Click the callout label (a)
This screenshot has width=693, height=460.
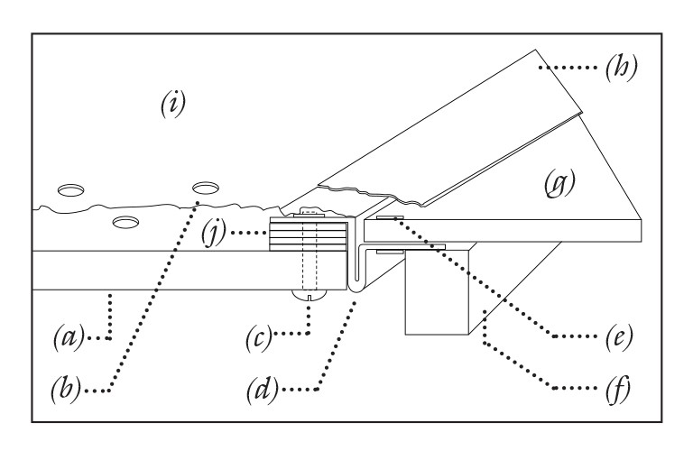click(x=69, y=337)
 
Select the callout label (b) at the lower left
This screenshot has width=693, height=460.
click(x=66, y=391)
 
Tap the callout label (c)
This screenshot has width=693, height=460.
click(x=258, y=338)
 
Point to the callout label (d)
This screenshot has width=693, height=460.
click(x=263, y=390)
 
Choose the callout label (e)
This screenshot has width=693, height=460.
click(x=619, y=337)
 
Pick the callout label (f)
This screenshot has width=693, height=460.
click(x=618, y=390)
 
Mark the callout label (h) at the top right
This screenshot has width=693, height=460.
click(x=622, y=67)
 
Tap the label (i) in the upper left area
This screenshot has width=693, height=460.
click(x=172, y=104)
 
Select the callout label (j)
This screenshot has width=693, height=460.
click(x=214, y=232)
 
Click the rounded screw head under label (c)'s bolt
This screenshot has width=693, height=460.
click(x=310, y=295)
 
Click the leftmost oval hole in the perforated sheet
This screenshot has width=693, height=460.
click(x=71, y=190)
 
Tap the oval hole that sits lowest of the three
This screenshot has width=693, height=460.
click(x=126, y=222)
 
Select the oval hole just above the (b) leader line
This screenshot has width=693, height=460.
click(x=206, y=188)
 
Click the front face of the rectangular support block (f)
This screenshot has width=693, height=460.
click(x=437, y=293)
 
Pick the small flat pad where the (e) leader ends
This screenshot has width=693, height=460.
click(x=390, y=218)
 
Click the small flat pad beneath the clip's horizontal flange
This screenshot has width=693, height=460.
click(x=390, y=252)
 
